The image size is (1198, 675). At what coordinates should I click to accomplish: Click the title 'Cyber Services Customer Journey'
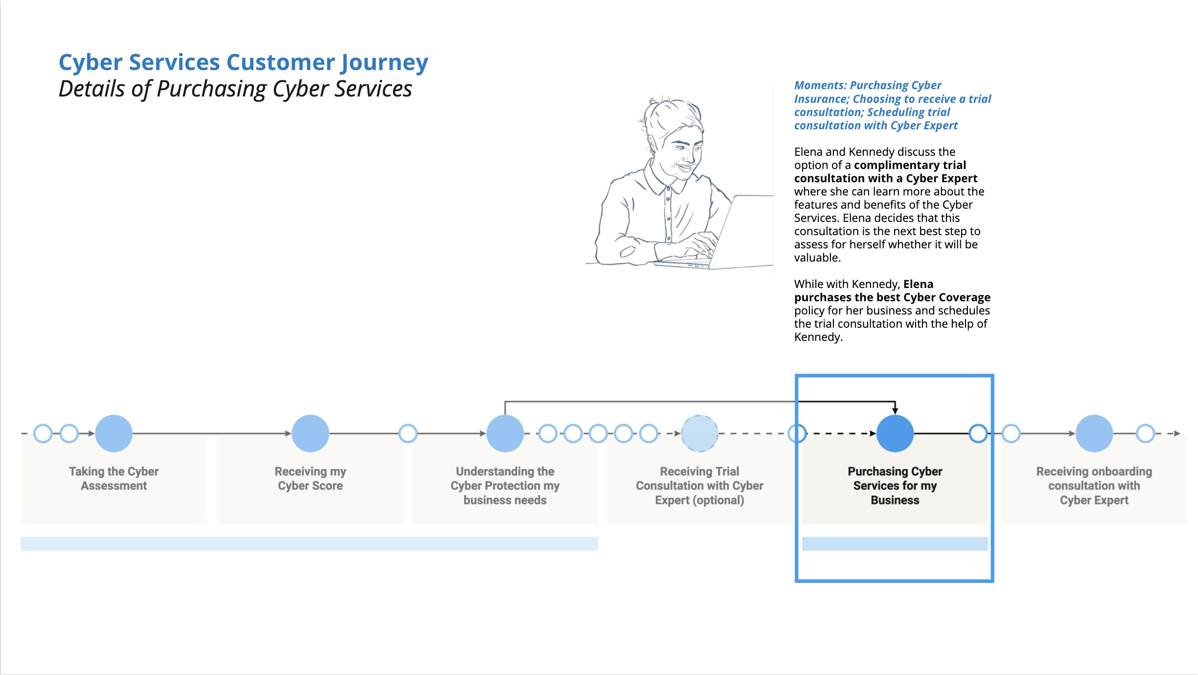click(x=243, y=63)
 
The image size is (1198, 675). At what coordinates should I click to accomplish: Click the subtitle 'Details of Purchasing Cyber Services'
click(x=235, y=89)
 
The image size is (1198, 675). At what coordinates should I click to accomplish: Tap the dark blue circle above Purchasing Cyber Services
click(x=895, y=434)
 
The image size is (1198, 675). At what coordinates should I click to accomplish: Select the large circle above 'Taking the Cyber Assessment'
click(x=114, y=434)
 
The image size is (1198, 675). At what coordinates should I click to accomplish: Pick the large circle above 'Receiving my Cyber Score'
click(x=310, y=434)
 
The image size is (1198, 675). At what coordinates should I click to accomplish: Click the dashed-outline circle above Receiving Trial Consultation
click(x=700, y=434)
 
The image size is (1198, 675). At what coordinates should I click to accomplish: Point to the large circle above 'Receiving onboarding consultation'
click(x=1094, y=434)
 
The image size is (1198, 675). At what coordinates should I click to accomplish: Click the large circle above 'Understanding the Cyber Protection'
click(x=505, y=434)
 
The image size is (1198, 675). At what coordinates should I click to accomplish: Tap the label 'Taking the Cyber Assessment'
click(x=114, y=479)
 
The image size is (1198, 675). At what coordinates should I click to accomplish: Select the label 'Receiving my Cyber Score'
click(x=310, y=479)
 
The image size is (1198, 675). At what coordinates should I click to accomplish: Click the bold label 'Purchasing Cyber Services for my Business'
click(x=895, y=485)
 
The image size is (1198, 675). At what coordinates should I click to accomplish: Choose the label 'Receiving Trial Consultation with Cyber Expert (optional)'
click(x=700, y=485)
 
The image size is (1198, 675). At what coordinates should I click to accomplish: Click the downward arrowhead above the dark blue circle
click(x=895, y=410)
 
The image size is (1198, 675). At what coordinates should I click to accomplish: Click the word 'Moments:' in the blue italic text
click(x=820, y=85)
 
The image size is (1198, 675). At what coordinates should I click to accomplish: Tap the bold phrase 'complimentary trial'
click(x=910, y=165)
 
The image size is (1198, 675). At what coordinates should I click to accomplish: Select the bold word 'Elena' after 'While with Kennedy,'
click(x=918, y=284)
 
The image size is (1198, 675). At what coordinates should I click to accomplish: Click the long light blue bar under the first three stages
click(x=309, y=544)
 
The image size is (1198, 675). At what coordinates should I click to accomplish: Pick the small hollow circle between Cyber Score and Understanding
click(x=408, y=434)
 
